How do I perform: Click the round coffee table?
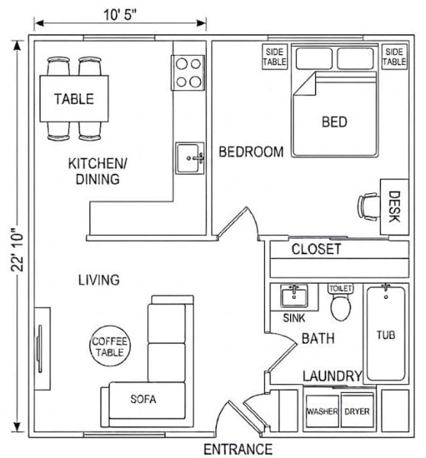pos(110,346)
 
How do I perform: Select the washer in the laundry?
pos(322,411)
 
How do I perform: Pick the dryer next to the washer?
pos(357,411)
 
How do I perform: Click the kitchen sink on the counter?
pos(189,158)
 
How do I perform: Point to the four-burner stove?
pos(189,73)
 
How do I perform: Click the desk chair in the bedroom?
pos(369,207)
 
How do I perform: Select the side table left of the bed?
pos(275,56)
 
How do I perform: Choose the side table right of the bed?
pos(395,56)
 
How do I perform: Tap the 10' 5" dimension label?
pos(120,15)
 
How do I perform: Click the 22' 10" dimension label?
pos(18,249)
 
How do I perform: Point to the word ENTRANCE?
pos(238,449)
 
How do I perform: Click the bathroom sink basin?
pos(294,295)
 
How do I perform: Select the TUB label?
pos(386,335)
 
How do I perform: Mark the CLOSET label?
pos(316,249)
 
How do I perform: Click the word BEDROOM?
pos(251,152)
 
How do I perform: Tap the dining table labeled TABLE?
pos(74,98)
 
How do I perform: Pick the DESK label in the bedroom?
pos(394,207)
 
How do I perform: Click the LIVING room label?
pos(99,280)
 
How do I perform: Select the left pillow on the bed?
pos(314,59)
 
